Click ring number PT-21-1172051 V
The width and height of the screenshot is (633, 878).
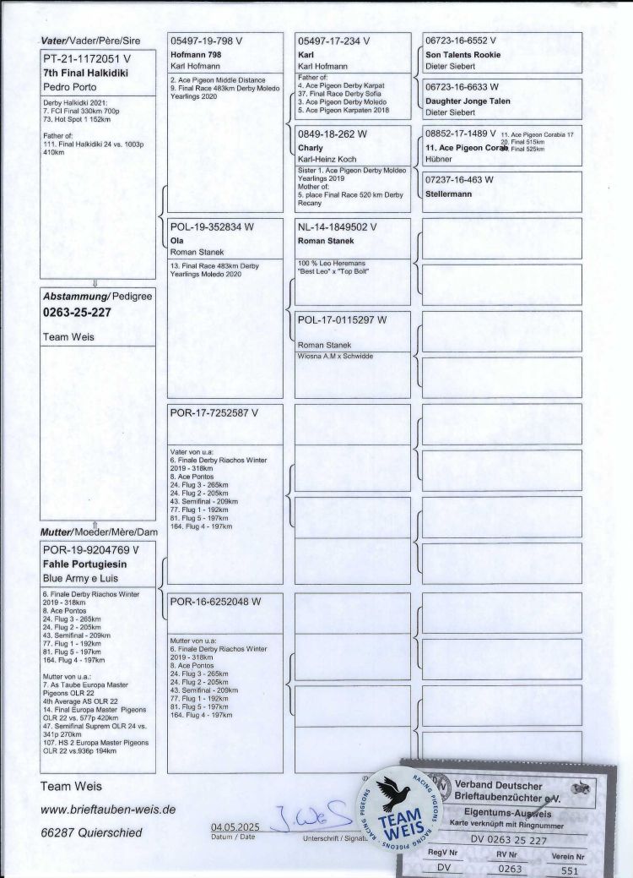point(87,60)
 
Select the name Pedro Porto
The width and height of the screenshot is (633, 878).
point(70,87)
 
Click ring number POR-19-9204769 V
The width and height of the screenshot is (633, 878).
point(90,549)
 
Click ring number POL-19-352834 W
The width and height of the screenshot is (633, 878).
point(212,227)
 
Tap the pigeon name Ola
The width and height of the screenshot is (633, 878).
point(177,240)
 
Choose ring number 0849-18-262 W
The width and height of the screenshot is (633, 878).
point(333,134)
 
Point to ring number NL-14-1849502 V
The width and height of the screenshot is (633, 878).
point(341,227)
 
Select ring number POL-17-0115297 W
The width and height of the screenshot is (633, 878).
point(343,319)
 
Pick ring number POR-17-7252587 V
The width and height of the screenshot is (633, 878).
point(214,412)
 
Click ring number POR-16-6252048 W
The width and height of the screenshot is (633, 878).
point(214,603)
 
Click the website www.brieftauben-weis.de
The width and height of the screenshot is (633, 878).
point(108,809)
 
